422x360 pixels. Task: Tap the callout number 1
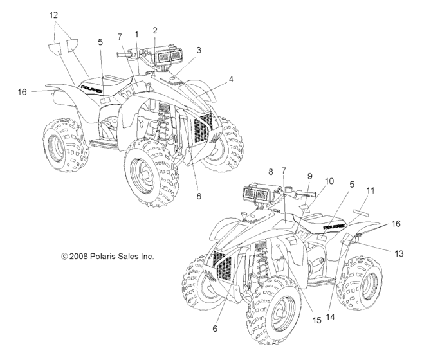coord(136,33)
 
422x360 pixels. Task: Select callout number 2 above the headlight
coord(155,30)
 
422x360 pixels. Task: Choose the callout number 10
coord(329,183)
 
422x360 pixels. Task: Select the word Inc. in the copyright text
coord(146,256)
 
